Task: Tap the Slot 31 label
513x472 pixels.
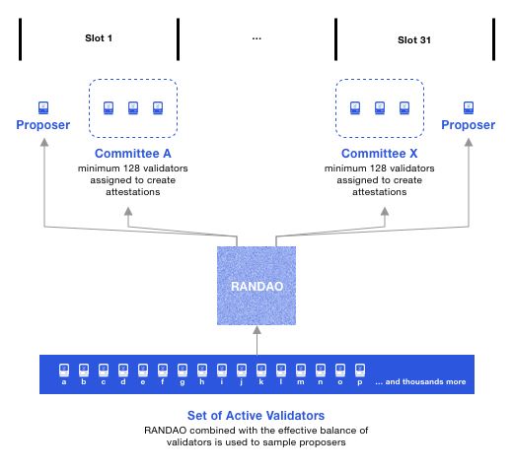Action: (x=413, y=39)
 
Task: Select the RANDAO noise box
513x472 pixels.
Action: (x=256, y=286)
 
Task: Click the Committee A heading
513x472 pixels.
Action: (x=133, y=155)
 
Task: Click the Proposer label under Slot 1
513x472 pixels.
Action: (x=43, y=125)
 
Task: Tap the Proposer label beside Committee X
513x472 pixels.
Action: (x=468, y=125)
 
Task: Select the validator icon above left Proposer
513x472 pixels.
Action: (x=43, y=106)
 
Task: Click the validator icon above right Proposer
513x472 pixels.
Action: (x=468, y=106)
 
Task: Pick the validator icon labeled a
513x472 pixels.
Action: (x=64, y=370)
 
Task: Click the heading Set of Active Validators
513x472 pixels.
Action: (x=256, y=415)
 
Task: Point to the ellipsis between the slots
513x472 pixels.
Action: (x=256, y=38)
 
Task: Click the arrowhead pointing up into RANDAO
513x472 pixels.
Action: (x=256, y=331)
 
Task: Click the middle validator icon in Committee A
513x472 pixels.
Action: (x=133, y=106)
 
